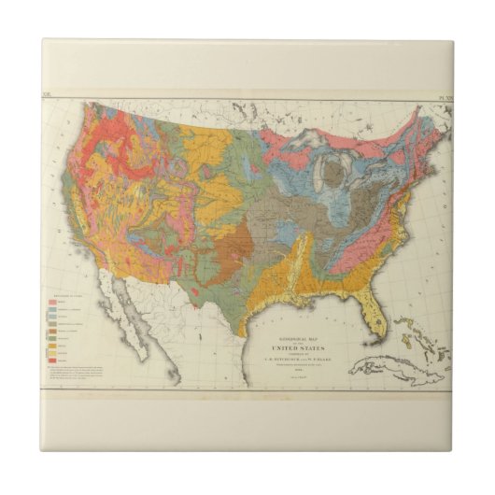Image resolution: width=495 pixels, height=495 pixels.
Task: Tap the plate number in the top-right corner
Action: pyautogui.click(x=437, y=93)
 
